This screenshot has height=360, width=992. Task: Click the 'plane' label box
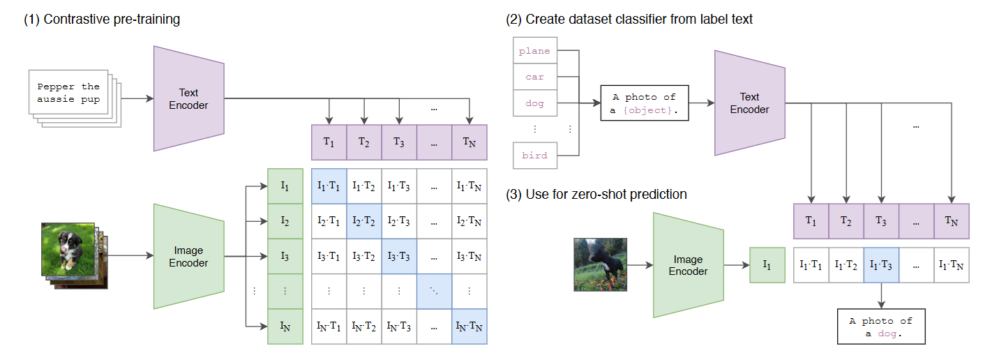tap(534, 50)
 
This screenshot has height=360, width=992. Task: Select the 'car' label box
tap(534, 77)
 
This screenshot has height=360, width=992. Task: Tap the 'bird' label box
tap(534, 156)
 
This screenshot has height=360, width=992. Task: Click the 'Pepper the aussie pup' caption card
tap(68, 92)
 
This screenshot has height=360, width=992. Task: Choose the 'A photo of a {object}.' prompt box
tap(645, 103)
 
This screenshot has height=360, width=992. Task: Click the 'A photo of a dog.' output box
tap(881, 327)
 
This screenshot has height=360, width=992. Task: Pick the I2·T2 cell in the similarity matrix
tap(363, 221)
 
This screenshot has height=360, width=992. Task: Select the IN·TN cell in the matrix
tap(469, 327)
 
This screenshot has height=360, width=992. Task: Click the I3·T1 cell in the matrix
tap(329, 256)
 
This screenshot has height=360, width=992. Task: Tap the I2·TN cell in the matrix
tap(469, 221)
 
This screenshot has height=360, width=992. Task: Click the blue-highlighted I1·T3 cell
tap(881, 265)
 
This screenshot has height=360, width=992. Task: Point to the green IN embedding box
tap(285, 327)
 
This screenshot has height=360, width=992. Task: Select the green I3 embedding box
tap(285, 256)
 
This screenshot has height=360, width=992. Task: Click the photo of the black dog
tap(600, 264)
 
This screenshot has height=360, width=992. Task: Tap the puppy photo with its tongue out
tap(68, 249)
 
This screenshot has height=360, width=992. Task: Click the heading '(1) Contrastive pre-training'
tap(102, 20)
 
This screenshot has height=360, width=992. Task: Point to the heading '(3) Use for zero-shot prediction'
tap(596, 195)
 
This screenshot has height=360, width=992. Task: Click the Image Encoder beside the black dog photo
tap(689, 265)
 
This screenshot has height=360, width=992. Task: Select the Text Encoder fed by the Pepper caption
tap(188, 98)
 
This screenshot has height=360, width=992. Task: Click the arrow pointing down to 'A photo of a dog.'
tap(881, 295)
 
